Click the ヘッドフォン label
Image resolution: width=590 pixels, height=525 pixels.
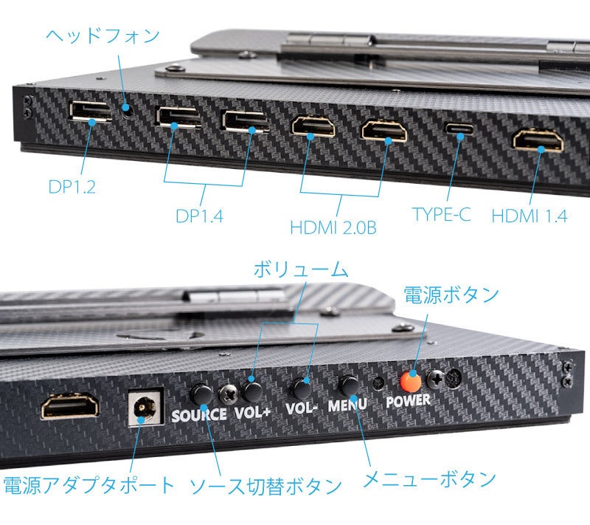[x=103, y=35]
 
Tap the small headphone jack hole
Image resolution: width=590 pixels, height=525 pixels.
[x=131, y=112]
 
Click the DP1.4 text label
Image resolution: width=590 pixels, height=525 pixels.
[x=199, y=216]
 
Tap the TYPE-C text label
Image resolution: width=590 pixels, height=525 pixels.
[x=441, y=215]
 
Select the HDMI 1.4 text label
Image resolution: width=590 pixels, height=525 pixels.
[x=530, y=216]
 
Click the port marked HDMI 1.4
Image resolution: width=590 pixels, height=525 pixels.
[x=538, y=140]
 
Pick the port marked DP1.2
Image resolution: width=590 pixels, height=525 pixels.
[x=90, y=111]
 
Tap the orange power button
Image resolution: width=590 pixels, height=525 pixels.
[x=412, y=381]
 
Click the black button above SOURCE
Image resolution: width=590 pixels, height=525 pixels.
[x=200, y=392]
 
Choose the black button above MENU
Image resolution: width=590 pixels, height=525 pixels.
[x=348, y=385]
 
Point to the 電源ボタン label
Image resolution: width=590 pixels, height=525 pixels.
[x=451, y=294]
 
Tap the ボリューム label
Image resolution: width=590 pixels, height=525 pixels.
[x=300, y=268]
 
